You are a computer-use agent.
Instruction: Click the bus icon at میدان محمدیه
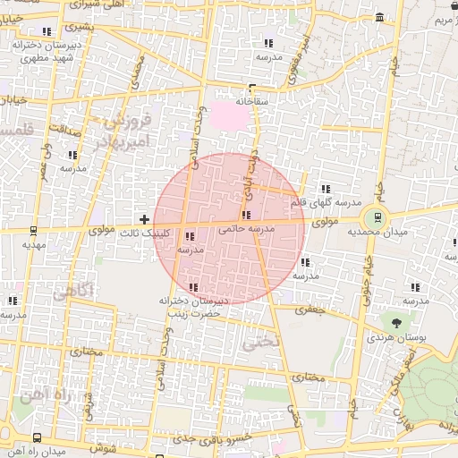coord(377,216)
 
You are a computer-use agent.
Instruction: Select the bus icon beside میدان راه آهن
coord(37,438)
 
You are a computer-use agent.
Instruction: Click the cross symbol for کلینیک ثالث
coord(144,219)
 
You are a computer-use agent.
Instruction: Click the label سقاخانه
coord(253,101)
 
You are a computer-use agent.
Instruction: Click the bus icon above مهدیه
coord(34,230)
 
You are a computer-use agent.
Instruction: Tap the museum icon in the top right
coord(380,17)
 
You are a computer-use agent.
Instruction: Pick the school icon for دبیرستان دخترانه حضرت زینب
coord(194,287)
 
